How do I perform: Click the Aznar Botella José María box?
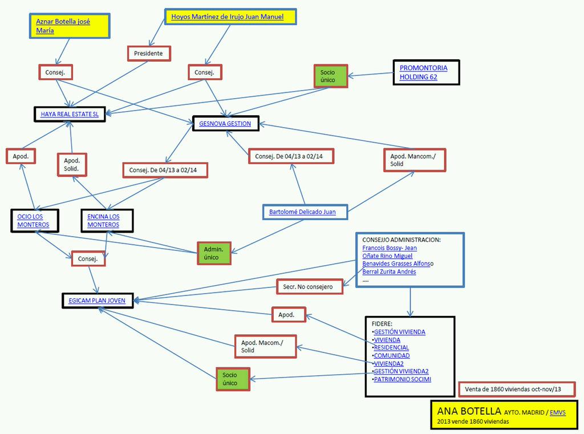69,26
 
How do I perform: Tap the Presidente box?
148,53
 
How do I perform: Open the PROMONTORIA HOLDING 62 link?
423,72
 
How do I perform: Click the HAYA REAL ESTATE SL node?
70,114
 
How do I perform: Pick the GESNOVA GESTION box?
225,123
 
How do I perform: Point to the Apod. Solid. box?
72,165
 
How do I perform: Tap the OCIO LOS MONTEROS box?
34,221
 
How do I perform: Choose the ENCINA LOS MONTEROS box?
107,221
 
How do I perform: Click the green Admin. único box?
217,253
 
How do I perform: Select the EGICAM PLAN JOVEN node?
97,300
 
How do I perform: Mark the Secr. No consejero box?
309,286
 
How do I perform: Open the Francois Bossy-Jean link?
390,248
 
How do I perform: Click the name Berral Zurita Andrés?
389,271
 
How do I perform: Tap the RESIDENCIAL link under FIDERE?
391,347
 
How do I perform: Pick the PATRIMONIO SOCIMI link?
403,379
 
